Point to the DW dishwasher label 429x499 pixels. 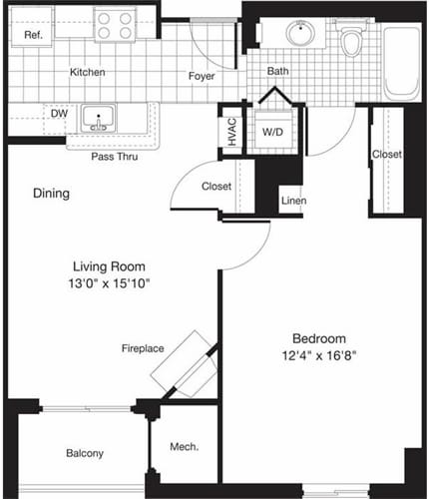point(59,114)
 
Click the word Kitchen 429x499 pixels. point(88,73)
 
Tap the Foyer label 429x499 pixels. point(204,76)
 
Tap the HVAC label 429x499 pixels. point(230,134)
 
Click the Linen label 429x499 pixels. point(292,201)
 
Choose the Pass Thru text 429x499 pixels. point(114,158)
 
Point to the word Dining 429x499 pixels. point(51,194)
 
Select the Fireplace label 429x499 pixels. point(143,348)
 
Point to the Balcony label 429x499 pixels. point(85,454)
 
